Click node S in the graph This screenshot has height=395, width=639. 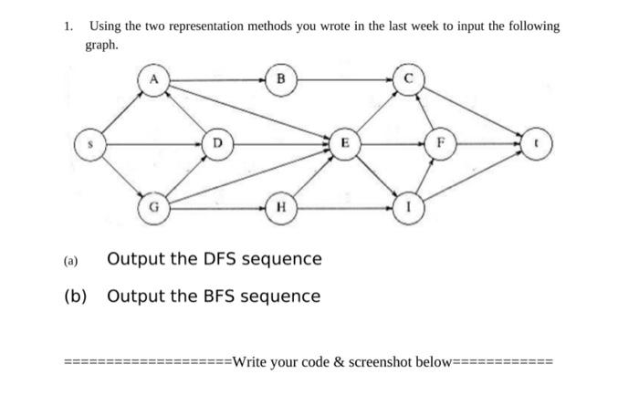point(90,144)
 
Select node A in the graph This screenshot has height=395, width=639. point(155,80)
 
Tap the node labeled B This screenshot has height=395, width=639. point(280,80)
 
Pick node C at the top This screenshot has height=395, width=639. point(408,80)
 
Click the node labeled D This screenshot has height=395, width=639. point(216,144)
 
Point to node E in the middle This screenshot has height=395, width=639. point(343,144)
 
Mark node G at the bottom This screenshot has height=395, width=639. point(153,208)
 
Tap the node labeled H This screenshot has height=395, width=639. point(280,208)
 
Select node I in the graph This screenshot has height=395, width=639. point(407,208)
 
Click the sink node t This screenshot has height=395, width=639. point(536,144)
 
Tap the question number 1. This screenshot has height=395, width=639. point(68,26)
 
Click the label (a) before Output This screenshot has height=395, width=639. point(71,260)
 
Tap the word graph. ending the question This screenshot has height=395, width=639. point(102,44)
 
